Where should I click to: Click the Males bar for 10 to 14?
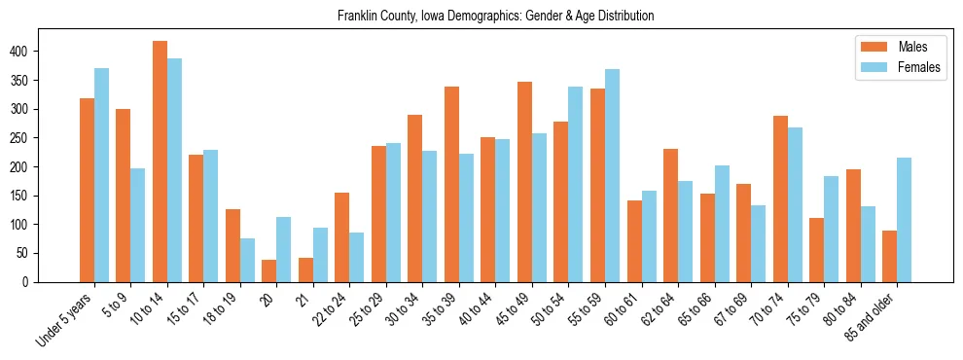pyautogui.click(x=160, y=162)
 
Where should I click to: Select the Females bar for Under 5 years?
pyautogui.click(x=101, y=175)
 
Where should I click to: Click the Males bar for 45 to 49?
pyautogui.click(x=524, y=182)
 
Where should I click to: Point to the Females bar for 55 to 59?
pyautogui.click(x=612, y=175)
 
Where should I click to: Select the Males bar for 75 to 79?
pyautogui.click(x=816, y=250)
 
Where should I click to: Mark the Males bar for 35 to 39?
pyautogui.click(x=451, y=185)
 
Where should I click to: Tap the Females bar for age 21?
pyautogui.click(x=320, y=255)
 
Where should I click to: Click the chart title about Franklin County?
pyautogui.click(x=495, y=17)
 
